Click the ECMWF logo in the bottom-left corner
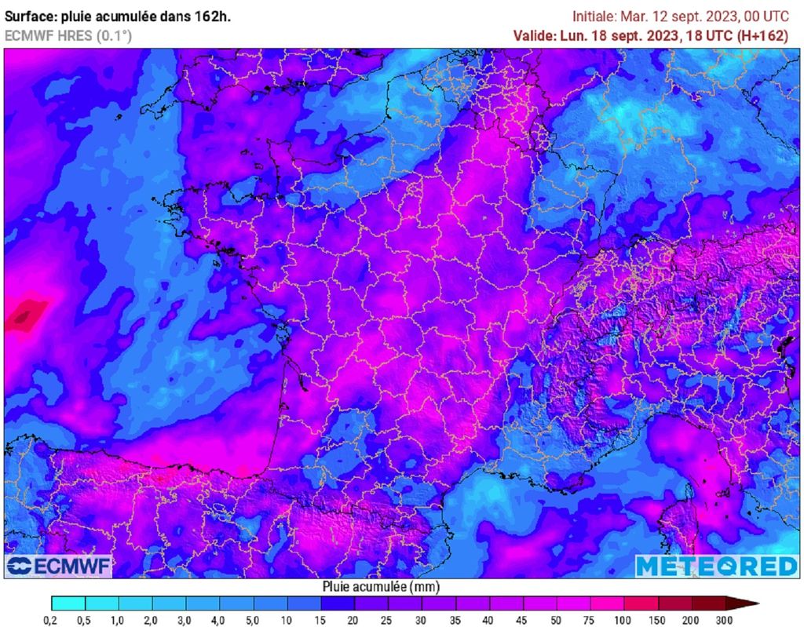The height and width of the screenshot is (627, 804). click(x=59, y=565)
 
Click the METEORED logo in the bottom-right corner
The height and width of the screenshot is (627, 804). click(x=716, y=566)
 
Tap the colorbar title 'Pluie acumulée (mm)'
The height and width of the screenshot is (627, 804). click(x=381, y=586)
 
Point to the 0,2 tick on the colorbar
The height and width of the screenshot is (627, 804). click(x=52, y=620)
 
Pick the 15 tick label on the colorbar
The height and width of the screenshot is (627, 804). click(x=321, y=620)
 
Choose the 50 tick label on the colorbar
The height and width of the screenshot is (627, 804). click(x=557, y=620)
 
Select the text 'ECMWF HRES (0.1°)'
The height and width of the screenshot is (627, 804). click(x=68, y=35)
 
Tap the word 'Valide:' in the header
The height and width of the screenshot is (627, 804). click(x=534, y=35)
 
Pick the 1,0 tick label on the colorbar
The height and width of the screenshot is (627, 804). click(x=119, y=620)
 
